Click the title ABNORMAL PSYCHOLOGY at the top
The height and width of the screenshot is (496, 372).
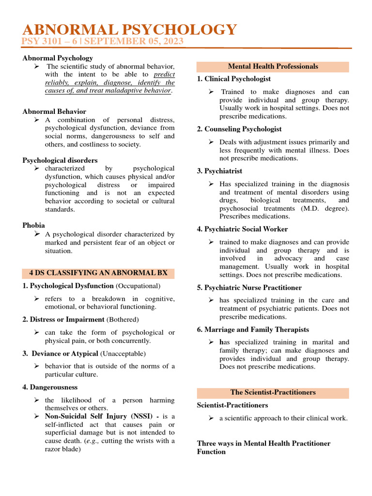tap(130, 30)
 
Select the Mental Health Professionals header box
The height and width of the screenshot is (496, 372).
tap(273, 66)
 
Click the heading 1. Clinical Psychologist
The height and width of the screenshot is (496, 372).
tap(234, 79)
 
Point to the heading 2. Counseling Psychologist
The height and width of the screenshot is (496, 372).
tap(239, 129)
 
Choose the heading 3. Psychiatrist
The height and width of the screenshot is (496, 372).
tap(220, 171)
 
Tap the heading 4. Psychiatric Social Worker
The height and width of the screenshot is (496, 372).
tap(242, 229)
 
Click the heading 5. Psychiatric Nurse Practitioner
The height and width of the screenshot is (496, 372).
tap(249, 288)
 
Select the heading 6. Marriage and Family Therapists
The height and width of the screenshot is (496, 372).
tap(253, 329)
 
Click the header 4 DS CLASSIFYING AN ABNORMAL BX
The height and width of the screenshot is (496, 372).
tap(98, 273)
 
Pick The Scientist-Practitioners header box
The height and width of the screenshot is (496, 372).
tap(273, 392)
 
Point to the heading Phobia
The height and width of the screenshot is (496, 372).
tap(33, 225)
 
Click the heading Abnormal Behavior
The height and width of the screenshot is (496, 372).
tap(54, 111)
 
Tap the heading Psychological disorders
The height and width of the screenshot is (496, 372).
tap(60, 160)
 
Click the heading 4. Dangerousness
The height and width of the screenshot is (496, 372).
tap(50, 387)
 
